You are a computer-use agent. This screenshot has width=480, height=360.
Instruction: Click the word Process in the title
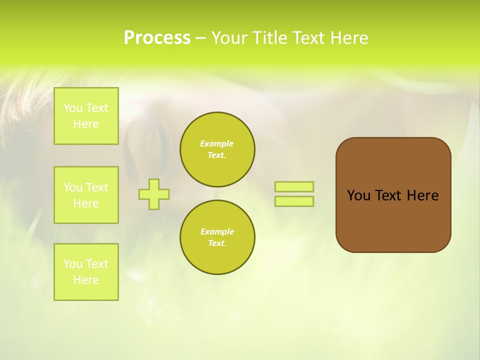(157, 38)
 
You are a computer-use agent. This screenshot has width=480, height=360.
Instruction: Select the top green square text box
(86, 116)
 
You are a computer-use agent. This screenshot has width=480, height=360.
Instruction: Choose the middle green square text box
(86, 195)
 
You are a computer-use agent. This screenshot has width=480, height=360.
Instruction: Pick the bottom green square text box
(86, 272)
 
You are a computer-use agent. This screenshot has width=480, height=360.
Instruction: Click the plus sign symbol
(154, 194)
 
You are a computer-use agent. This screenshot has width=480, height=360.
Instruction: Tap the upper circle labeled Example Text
(217, 149)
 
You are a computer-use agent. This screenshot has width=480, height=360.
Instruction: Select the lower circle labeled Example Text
(217, 237)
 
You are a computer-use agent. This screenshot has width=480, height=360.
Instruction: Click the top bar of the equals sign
(294, 186)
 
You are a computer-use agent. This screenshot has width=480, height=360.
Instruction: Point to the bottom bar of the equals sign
(294, 201)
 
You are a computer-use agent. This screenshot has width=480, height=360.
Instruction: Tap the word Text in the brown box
(388, 195)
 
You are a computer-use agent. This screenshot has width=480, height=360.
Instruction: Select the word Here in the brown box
(422, 195)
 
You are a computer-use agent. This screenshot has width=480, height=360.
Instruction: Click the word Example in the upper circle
(217, 143)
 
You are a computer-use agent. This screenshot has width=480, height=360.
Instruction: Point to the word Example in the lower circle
(217, 231)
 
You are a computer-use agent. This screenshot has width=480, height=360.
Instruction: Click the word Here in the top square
(86, 124)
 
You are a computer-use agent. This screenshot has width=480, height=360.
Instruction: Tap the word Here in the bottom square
(86, 280)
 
